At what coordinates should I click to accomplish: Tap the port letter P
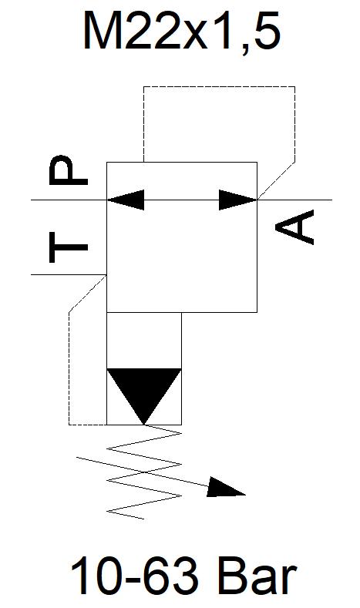(69, 170)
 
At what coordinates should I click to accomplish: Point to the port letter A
(294, 227)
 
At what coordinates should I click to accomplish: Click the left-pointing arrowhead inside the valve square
(126, 200)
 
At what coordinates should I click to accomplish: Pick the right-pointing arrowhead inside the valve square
(238, 200)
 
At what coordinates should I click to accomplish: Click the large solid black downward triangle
(144, 396)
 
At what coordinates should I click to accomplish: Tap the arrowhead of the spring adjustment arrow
(226, 488)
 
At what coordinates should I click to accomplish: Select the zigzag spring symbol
(144, 472)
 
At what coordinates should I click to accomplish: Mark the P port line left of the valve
(69, 200)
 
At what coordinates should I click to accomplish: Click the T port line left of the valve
(69, 275)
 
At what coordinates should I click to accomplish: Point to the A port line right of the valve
(294, 200)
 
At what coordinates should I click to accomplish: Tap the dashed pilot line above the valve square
(219, 87)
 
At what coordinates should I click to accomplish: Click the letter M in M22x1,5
(101, 30)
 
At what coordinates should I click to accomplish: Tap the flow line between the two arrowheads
(182, 200)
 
